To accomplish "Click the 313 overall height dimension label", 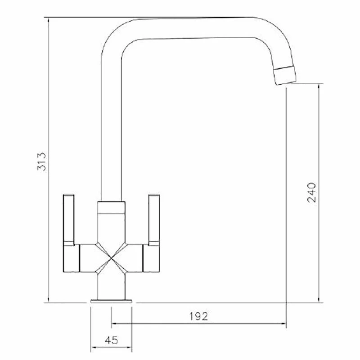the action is click(41, 162).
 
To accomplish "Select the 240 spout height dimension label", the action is click(311, 193).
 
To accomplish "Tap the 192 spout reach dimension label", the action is click(199, 316).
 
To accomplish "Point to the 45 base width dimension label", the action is click(111, 340).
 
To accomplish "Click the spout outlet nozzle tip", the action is click(285, 75).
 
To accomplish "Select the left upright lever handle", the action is click(69, 220).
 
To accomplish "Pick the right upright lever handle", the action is click(154, 220).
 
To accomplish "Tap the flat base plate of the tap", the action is click(111, 301).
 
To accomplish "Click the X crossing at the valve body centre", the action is click(111, 258).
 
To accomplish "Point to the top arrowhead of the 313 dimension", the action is click(48, 21).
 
